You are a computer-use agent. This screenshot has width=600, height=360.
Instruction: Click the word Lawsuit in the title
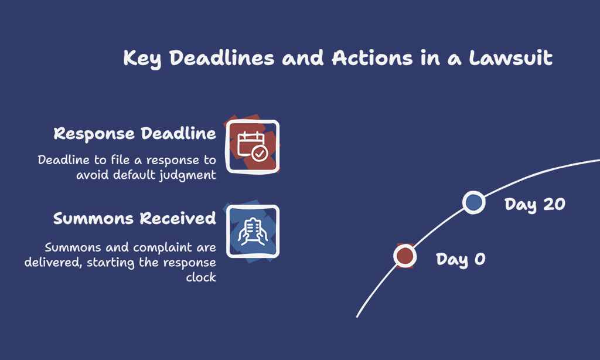[510, 58]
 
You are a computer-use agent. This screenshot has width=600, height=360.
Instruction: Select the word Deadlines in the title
[222, 58]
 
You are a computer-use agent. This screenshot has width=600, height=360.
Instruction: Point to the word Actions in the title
[372, 58]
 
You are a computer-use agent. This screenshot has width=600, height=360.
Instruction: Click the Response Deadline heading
[135, 134]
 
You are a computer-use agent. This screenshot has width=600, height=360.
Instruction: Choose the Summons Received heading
[135, 218]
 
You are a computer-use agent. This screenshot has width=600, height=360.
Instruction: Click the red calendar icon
[252, 147]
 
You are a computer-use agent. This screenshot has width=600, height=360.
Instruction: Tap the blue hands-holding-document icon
[253, 232]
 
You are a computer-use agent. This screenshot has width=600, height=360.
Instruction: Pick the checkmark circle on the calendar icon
[260, 154]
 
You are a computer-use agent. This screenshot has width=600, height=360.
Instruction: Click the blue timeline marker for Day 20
[473, 202]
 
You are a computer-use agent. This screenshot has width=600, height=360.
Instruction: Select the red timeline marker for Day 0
[405, 256]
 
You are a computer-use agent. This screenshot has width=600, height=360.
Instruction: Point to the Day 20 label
[534, 205]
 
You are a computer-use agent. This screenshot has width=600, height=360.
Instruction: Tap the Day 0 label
[461, 260]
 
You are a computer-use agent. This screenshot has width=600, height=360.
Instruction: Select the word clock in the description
[201, 277]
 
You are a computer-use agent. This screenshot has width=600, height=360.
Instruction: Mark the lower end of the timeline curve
[357, 317]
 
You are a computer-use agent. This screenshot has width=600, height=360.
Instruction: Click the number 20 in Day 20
[554, 204]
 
